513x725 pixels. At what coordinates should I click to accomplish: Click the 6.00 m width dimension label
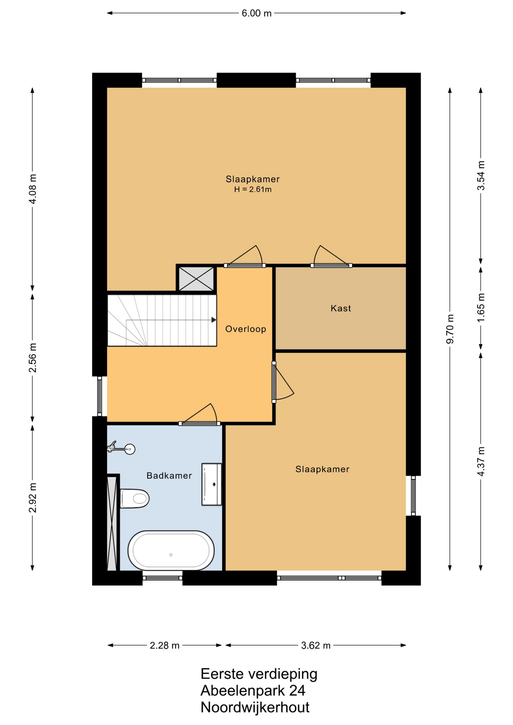pyautogui.click(x=256, y=13)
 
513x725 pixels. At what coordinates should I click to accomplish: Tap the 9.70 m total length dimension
pyautogui.click(x=450, y=329)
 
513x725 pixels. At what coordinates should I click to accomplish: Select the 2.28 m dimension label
pyautogui.click(x=164, y=645)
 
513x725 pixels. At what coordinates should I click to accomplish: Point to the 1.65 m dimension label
pyautogui.click(x=481, y=308)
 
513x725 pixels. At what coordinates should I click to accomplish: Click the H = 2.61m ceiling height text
pyautogui.click(x=253, y=190)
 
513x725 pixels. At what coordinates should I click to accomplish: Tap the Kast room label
pyautogui.click(x=341, y=309)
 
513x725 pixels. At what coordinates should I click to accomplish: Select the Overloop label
pyautogui.click(x=246, y=329)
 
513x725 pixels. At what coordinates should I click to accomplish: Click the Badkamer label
pyautogui.click(x=169, y=476)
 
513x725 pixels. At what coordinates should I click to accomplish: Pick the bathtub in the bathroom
pyautogui.click(x=171, y=551)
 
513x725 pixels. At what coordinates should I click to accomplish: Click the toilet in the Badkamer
pyautogui.click(x=134, y=498)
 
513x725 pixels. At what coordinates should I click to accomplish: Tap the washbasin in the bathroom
pyautogui.click(x=212, y=484)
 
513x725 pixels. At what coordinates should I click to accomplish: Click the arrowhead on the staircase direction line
pyautogui.click(x=214, y=320)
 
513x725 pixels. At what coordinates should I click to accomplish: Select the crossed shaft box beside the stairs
pyautogui.click(x=196, y=279)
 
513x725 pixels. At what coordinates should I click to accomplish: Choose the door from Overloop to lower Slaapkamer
pyautogui.click(x=283, y=382)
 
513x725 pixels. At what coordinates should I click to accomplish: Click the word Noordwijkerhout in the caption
pyautogui.click(x=255, y=707)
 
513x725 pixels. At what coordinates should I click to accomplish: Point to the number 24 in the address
pyautogui.click(x=297, y=691)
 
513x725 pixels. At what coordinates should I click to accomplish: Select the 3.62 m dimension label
pyautogui.click(x=316, y=645)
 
